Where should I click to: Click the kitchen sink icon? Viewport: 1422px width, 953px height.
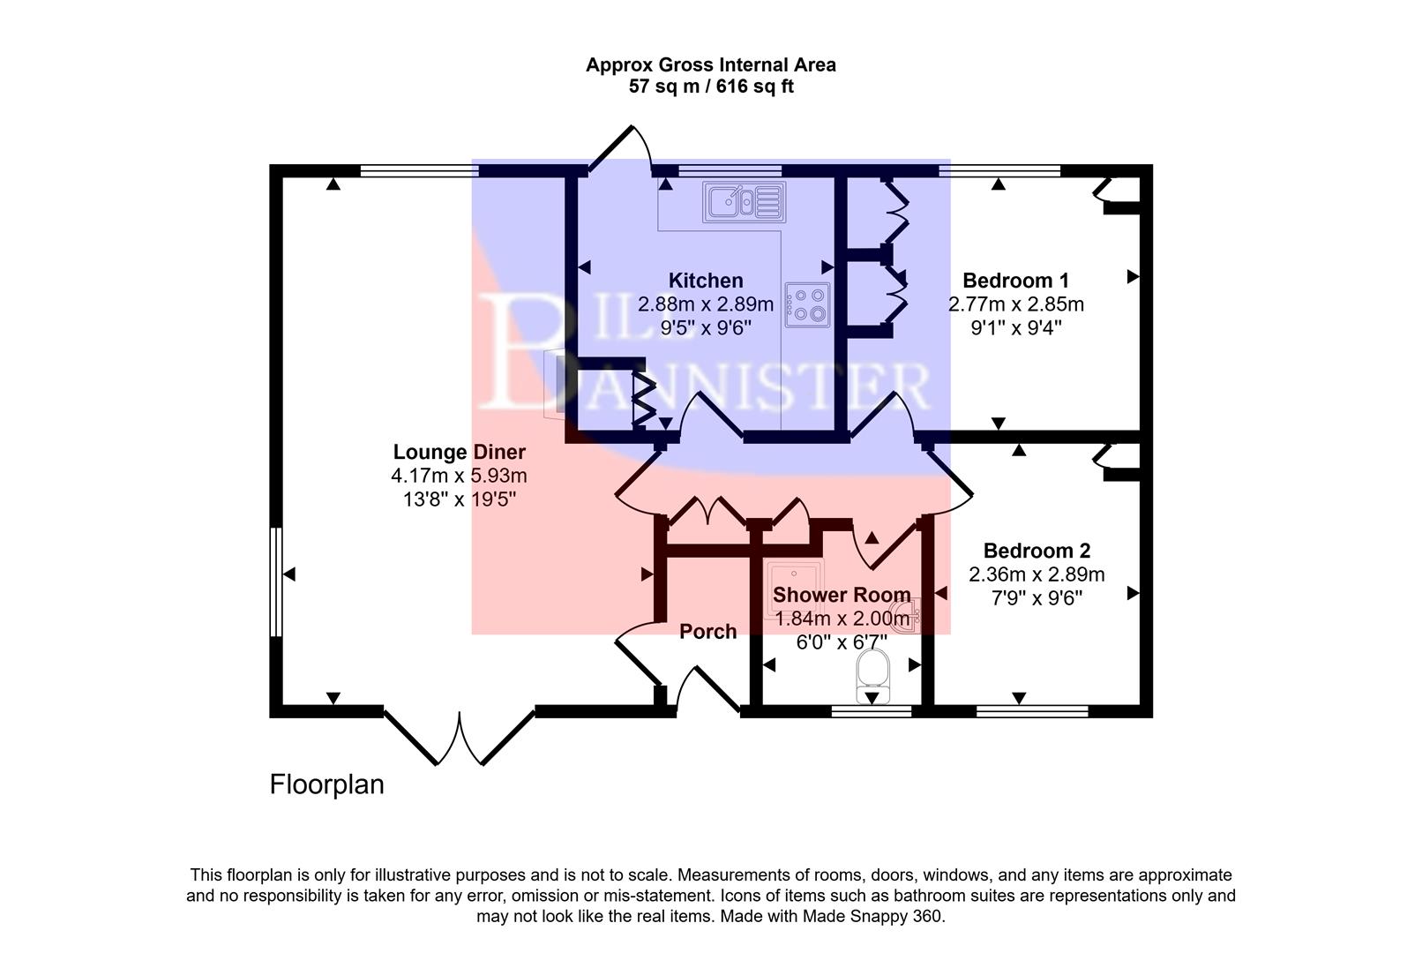pos(744,202)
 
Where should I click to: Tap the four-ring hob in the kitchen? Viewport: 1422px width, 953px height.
pos(808,304)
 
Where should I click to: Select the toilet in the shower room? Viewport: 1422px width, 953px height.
pos(872,672)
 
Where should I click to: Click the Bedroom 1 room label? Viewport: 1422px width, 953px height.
pos(1015,281)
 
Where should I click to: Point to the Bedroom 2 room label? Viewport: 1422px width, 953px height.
pos(1037,551)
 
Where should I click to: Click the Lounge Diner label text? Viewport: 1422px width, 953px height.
pos(459,452)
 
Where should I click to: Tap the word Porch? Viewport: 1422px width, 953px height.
pos(707,632)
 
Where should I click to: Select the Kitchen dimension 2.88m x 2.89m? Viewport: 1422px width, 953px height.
pos(705,304)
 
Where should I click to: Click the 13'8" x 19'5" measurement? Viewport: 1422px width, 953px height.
pos(459,499)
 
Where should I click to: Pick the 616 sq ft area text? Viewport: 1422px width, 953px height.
pos(754,86)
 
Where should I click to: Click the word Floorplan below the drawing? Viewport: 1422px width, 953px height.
pos(326,784)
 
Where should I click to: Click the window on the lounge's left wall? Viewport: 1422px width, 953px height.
pos(276,582)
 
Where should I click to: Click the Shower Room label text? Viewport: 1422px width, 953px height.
pos(842,595)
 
